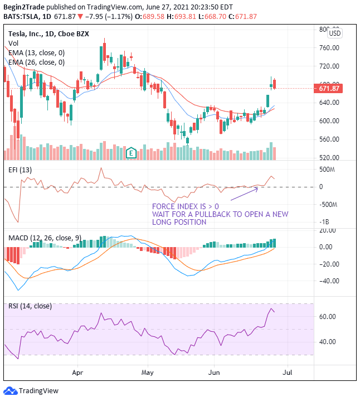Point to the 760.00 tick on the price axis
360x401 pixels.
pos(329,48)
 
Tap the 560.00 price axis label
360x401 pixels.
pos(329,139)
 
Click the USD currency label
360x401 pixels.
pos(335,33)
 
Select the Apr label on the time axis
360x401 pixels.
pos(77,371)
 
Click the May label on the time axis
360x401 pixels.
pos(148,371)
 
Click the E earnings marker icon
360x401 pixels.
pos(132,152)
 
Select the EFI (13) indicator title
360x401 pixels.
pos(21,170)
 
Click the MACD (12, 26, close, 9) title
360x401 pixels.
pos(45,238)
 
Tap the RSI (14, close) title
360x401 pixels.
pos(30,306)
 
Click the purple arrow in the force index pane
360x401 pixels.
pos(244,194)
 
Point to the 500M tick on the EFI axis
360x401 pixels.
pos(327,170)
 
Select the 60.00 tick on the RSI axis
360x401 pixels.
pos(328,317)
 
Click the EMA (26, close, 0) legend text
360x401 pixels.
pos(36,62)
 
